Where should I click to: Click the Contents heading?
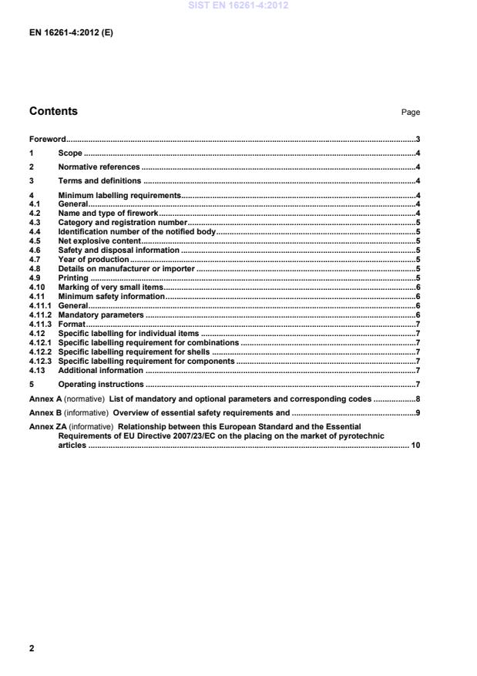53,111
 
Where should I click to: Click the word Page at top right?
410,113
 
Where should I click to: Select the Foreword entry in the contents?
47,140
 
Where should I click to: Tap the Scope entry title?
70,153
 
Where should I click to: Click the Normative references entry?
99,167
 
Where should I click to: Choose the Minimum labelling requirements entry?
119,196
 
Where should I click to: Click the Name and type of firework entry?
108,213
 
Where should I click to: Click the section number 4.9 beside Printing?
35,277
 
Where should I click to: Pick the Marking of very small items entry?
110,287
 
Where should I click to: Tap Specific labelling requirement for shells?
135,351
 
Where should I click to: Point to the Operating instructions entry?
101,384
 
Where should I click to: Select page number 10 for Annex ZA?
414,446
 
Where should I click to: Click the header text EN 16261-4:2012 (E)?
71,34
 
